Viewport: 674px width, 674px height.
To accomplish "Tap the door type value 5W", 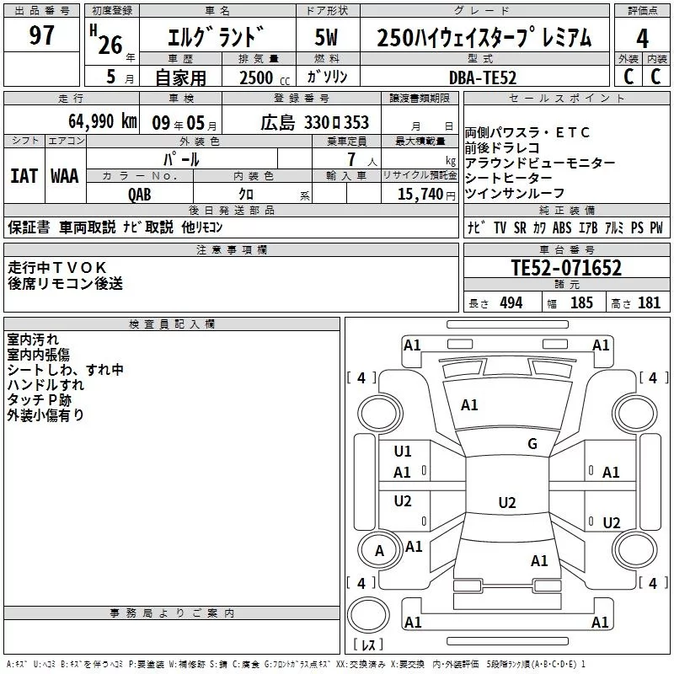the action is pos(326,38).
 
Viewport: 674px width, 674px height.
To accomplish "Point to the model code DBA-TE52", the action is pos(483,78).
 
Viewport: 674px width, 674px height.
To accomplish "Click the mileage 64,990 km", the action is pos(94,121).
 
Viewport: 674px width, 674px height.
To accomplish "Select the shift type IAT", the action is pos(24,176).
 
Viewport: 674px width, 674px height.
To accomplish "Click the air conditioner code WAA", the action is pos(65,176).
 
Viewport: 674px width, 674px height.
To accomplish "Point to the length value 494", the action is pos(511,303).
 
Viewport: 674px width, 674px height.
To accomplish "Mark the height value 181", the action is pos(649,303).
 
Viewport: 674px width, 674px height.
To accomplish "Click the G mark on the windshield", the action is pos(532,444).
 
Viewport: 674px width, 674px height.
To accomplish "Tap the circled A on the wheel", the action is pos(379,551).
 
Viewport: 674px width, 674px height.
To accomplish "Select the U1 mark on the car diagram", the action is pos(403,451).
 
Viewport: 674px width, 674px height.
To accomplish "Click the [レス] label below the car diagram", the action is pos(367,646).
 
